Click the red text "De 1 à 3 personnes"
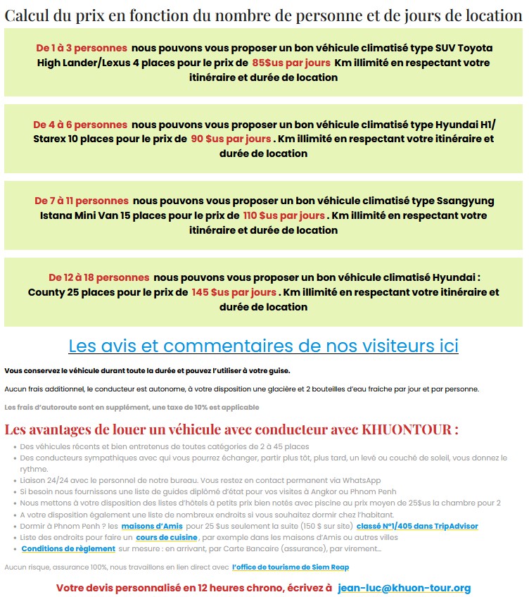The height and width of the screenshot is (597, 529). click(82, 48)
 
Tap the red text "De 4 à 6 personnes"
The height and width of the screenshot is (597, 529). click(80, 125)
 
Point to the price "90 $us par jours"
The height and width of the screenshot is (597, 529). click(231, 139)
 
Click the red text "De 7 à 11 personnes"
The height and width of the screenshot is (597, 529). click(82, 201)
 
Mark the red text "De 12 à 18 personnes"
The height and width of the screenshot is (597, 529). click(98, 277)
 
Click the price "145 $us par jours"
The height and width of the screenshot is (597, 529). click(234, 292)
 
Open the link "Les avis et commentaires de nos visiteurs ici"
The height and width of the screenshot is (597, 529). click(263, 346)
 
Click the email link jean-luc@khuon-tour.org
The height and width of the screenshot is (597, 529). click(404, 588)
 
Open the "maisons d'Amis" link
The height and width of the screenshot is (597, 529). click(152, 526)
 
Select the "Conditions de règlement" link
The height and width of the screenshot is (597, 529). click(68, 548)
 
